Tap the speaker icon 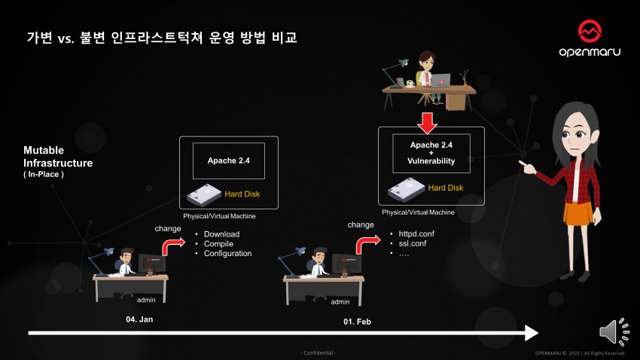point(614,332)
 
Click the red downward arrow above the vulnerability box point(428,121)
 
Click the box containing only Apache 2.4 point(229,160)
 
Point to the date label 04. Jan point(139,319)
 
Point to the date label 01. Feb point(358,322)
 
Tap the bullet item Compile point(218,244)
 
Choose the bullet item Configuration point(227,254)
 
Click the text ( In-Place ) point(44,175)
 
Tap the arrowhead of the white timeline point(531,332)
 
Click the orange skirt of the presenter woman point(578,213)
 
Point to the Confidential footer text point(319,353)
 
